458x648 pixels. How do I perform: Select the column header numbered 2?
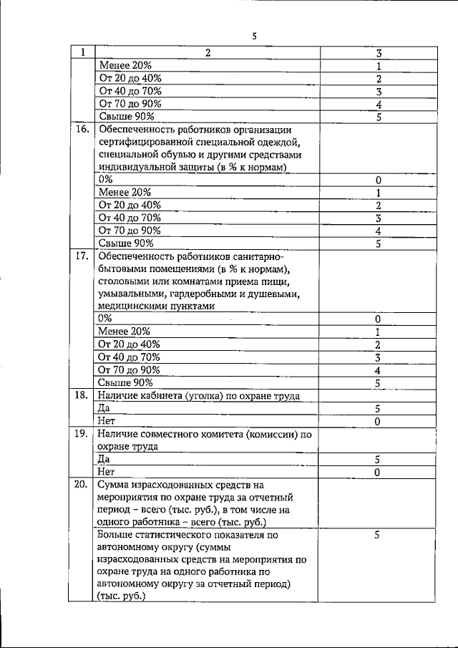point(208,53)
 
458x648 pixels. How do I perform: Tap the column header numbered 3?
point(377,53)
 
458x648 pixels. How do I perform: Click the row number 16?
point(82,130)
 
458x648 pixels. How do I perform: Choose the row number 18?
point(82,395)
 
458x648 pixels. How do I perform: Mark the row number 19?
point(82,433)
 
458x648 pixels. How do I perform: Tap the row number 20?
point(82,485)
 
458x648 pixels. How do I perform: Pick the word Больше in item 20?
point(115,534)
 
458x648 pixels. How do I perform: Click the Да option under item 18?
point(103,408)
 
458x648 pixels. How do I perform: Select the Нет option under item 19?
point(105,472)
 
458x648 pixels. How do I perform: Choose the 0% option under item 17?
point(105,319)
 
